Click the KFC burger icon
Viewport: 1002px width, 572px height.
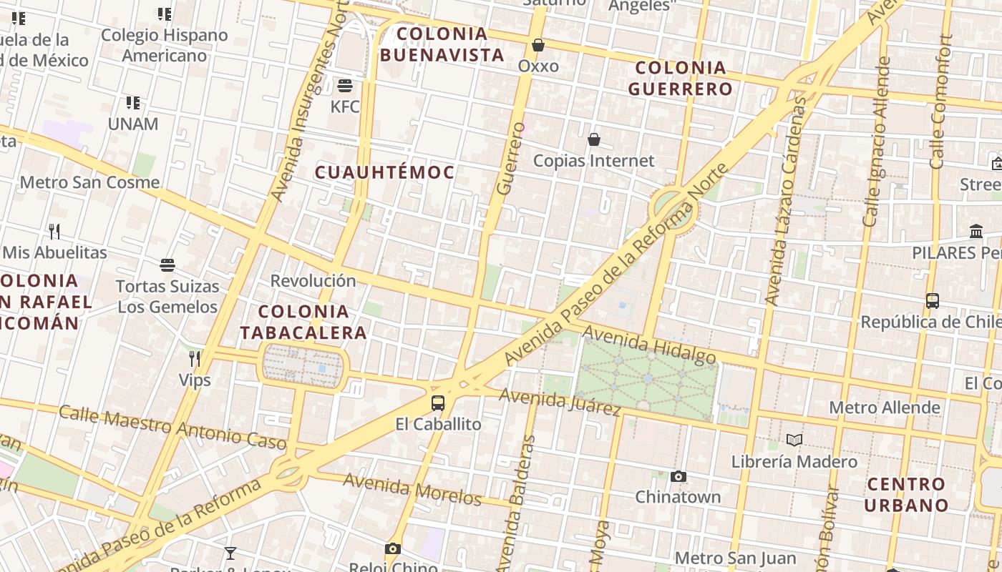(x=345, y=87)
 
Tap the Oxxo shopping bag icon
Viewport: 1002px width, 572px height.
(x=538, y=46)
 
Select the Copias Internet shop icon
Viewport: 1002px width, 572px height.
(x=594, y=139)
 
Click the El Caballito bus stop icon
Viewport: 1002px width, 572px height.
(x=438, y=403)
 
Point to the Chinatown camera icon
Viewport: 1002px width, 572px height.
(x=678, y=476)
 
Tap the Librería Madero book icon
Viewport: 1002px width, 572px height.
(x=794, y=440)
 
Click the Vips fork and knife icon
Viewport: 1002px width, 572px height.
(x=195, y=358)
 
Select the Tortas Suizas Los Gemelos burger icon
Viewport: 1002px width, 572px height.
(x=167, y=266)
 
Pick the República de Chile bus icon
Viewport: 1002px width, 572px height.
(x=933, y=301)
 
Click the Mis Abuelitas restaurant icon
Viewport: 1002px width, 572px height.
(x=54, y=231)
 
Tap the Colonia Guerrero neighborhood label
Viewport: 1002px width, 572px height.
(x=681, y=79)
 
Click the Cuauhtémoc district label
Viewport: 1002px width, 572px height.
(x=385, y=172)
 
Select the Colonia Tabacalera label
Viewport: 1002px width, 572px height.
(x=303, y=322)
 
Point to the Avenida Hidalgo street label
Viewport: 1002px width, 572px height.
(x=649, y=344)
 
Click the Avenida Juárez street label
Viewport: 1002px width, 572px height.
(x=560, y=402)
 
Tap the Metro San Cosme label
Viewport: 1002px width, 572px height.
(x=89, y=182)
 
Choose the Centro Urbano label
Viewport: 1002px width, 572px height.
(x=906, y=495)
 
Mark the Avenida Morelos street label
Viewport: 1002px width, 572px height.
(x=412, y=489)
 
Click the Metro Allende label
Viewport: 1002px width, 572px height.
(x=885, y=408)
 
